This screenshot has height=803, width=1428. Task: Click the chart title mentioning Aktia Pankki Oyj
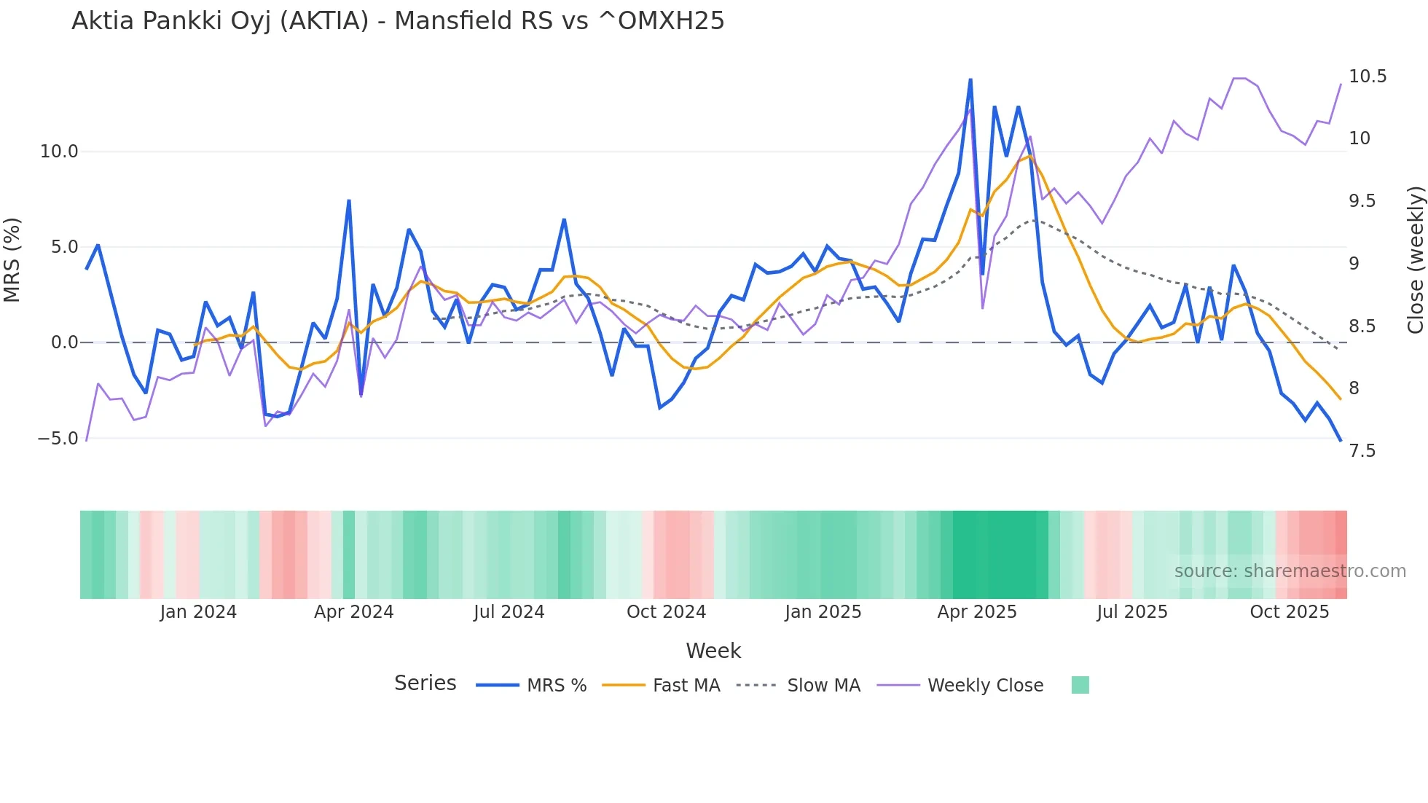pos(398,21)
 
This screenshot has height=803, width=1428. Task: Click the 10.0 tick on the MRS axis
pos(58,152)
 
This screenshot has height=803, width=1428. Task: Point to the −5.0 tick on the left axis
pos(58,439)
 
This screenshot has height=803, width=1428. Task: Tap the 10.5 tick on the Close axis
pos(1367,77)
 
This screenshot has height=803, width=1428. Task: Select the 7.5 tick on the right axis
pos(1362,451)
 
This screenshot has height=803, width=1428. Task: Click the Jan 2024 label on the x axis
pos(198,612)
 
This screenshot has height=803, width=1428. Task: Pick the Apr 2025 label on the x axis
pos(976,612)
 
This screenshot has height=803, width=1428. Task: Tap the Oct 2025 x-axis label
pos(1289,612)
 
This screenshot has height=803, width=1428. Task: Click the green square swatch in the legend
pos(1080,685)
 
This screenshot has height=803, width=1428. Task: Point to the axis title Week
pos(713,651)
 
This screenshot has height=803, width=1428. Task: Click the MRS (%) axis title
pos(12,260)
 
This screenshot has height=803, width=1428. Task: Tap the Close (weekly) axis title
pos(1415,260)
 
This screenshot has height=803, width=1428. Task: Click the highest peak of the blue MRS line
pos(970,79)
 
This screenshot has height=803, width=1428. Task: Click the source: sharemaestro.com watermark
pos(1290,571)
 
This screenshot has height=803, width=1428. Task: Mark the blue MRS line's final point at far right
pos(1340,440)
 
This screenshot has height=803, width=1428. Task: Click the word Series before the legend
pos(425,683)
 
